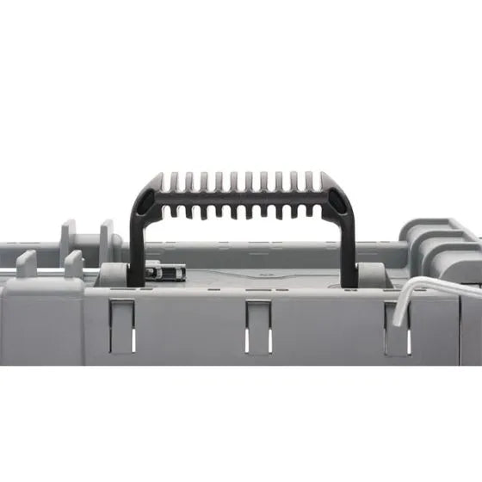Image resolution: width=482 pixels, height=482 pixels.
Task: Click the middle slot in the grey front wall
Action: [x=257, y=327]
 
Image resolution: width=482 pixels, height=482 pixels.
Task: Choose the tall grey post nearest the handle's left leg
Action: [x=107, y=241]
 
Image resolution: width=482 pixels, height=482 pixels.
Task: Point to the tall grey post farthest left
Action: [x=69, y=241]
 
